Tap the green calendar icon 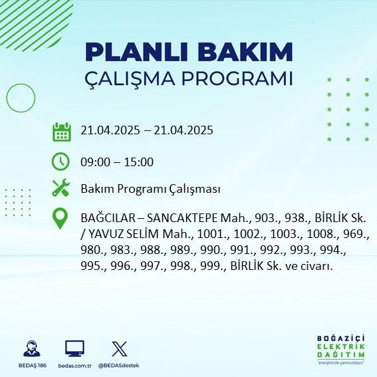(x=61, y=131)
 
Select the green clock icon (x=61, y=162)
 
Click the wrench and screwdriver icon (x=61, y=189)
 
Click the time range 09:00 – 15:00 (x=117, y=162)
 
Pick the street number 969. (x=356, y=235)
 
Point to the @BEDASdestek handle (x=119, y=366)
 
